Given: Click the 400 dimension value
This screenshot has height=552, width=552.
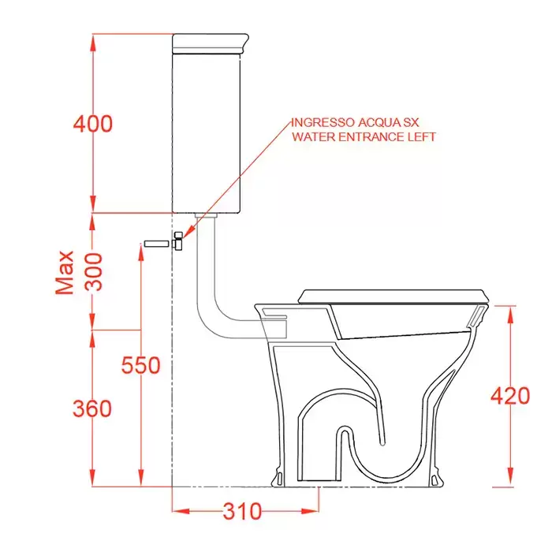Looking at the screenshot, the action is click(93, 124).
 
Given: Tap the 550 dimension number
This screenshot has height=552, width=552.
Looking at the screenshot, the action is click(141, 365).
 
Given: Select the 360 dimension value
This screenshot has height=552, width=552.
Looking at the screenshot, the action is click(92, 408).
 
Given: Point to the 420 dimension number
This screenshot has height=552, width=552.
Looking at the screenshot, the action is click(510, 396).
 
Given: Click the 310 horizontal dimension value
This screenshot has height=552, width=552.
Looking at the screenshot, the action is click(243, 511).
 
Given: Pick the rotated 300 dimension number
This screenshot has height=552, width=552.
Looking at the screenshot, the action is click(94, 272).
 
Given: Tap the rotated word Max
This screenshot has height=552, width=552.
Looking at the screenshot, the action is click(65, 273).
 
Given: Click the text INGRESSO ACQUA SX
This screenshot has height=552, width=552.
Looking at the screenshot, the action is click(355, 122).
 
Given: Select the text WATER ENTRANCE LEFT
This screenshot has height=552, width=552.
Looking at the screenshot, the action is click(364, 136).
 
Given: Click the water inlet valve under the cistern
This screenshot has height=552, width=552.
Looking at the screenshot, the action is click(178, 241).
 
